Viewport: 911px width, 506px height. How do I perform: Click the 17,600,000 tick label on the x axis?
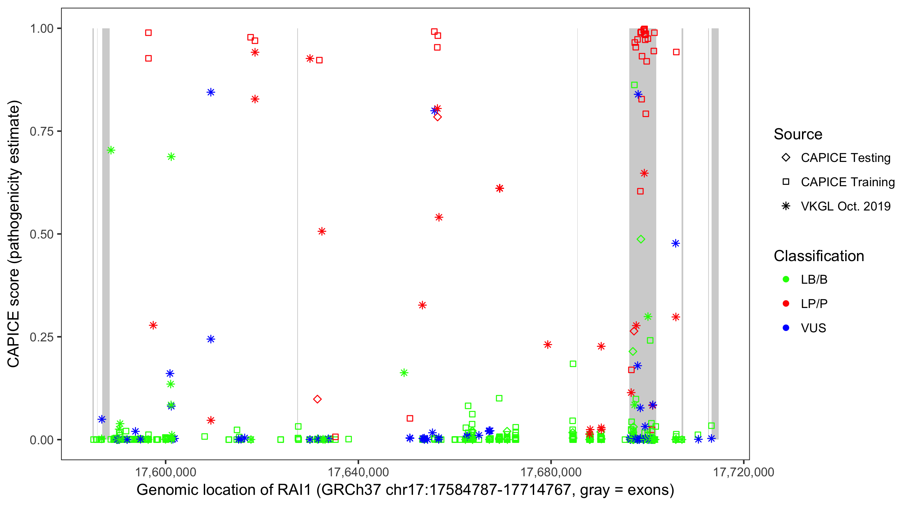[166, 472]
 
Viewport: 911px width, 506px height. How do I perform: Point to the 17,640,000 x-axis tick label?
[358, 472]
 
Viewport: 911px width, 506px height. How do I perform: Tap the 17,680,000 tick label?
[551, 472]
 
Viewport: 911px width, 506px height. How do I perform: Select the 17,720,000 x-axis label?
[743, 472]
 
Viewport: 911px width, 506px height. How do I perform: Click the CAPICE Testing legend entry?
[845, 158]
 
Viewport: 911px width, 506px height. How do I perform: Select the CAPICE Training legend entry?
[847, 182]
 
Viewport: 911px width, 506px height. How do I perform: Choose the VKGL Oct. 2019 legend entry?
[845, 206]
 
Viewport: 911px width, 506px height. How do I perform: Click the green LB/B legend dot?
[786, 279]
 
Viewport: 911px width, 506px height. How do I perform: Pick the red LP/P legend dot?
[786, 304]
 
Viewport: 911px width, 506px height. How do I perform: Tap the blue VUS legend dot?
[786, 328]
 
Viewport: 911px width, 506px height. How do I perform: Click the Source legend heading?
[798, 134]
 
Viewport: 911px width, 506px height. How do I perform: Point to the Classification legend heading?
[819, 256]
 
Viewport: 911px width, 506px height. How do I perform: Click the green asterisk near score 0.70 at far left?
[111, 150]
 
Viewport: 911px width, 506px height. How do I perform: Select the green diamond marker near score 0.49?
[641, 240]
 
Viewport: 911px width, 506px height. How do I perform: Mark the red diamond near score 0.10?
[317, 399]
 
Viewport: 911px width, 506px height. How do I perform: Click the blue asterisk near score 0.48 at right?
[675, 243]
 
